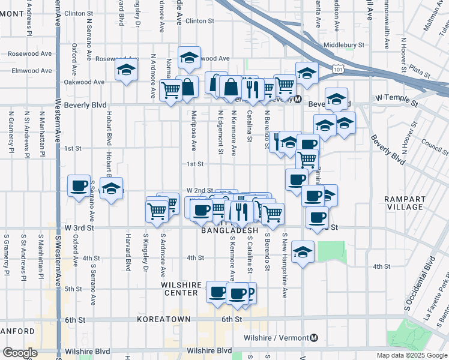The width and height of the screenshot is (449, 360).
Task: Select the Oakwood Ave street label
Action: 84,82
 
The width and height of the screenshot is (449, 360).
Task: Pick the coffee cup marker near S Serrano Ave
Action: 79,186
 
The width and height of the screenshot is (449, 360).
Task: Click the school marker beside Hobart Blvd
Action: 111,188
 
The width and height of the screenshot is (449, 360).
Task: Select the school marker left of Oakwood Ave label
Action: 127,70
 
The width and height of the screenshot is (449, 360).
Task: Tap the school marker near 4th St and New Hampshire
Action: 303,251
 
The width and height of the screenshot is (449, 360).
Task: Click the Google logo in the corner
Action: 20,353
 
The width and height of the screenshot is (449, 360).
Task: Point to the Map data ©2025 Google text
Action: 411,355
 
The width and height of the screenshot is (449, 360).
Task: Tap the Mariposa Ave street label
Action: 194,131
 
